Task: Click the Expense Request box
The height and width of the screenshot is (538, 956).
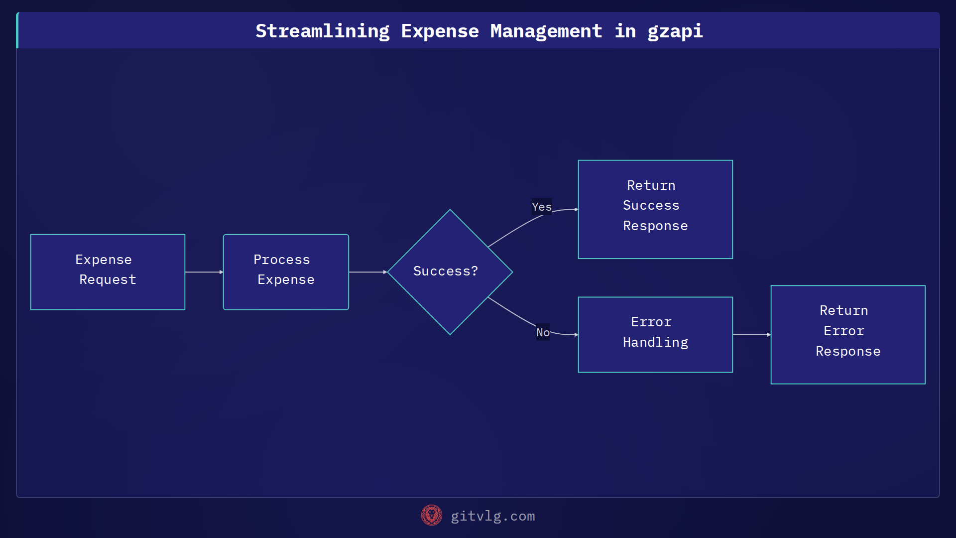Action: click(x=108, y=272)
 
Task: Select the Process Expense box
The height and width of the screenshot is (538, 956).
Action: click(x=286, y=272)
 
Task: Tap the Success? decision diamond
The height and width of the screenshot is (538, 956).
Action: click(x=450, y=272)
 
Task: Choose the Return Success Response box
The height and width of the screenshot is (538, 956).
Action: click(x=655, y=209)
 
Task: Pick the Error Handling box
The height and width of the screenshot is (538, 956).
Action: click(x=655, y=334)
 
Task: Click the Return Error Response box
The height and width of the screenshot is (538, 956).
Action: click(x=848, y=334)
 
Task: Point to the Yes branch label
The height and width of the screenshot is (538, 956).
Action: click(x=541, y=207)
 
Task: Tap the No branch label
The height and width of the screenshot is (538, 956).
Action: click(x=543, y=332)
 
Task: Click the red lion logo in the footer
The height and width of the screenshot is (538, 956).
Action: click(x=431, y=516)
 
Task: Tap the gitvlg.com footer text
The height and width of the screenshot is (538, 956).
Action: click(x=492, y=516)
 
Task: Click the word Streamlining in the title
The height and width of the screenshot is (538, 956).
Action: click(x=323, y=31)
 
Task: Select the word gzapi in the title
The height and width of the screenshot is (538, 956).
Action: click(x=675, y=31)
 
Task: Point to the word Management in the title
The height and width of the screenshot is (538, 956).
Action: click(x=546, y=31)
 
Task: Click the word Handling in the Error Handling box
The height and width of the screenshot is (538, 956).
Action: click(x=655, y=342)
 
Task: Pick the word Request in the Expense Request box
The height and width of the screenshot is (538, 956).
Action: click(x=108, y=279)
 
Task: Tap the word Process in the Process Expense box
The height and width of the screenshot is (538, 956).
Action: click(x=281, y=260)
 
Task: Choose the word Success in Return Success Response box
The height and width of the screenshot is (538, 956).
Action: click(x=651, y=205)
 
